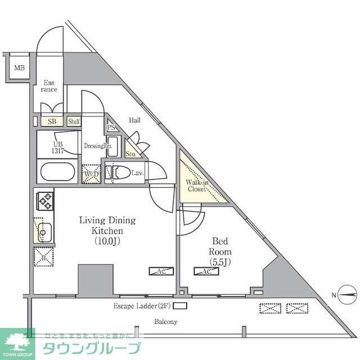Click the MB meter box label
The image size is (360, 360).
[19, 69]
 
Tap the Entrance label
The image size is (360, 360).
[49, 86]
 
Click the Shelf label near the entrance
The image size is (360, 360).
[74, 121]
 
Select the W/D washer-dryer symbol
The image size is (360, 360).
[92, 174]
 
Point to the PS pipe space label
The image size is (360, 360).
[111, 128]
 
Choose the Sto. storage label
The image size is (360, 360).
[131, 154]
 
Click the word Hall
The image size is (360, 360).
[135, 120]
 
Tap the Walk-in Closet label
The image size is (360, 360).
[197, 186]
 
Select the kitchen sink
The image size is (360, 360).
[43, 231]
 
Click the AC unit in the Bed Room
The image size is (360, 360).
[204, 272]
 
